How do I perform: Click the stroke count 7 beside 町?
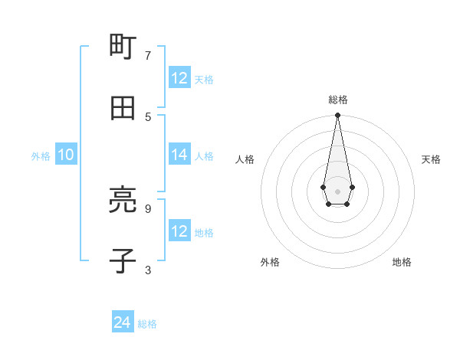(148, 56)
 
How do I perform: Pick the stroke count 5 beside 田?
(148, 116)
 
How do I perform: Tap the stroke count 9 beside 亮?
(148, 208)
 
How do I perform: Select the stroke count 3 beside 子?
(148, 269)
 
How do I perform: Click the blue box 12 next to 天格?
(179, 78)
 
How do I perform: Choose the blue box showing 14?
(179, 155)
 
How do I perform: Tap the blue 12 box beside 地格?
(179, 231)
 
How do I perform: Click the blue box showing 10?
(66, 155)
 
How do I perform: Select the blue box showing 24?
(123, 322)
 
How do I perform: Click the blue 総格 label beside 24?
(147, 324)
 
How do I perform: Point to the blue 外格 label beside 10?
(41, 156)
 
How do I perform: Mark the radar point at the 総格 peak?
(337, 115)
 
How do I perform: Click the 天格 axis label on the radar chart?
(431, 159)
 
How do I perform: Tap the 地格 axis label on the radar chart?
(402, 262)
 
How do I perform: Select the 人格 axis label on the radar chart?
(245, 159)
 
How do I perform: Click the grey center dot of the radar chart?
(337, 190)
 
